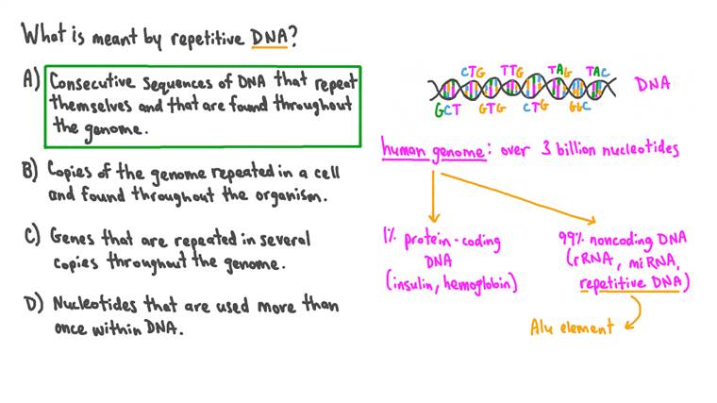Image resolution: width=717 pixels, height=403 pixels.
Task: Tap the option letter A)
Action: [x=28, y=82]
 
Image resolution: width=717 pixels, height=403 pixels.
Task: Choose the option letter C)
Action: [x=28, y=238]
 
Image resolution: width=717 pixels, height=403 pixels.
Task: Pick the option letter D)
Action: [x=28, y=305]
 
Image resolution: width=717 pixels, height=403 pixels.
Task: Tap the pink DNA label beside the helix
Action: [x=652, y=84]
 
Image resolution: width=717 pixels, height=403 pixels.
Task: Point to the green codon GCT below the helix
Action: [x=447, y=109]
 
